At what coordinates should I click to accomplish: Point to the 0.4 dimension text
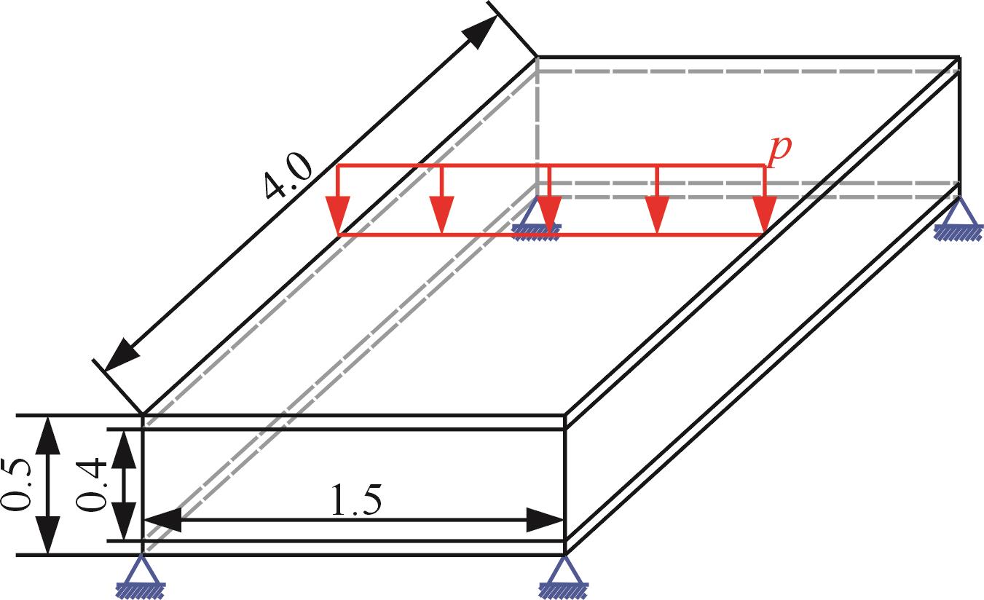(x=93, y=486)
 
